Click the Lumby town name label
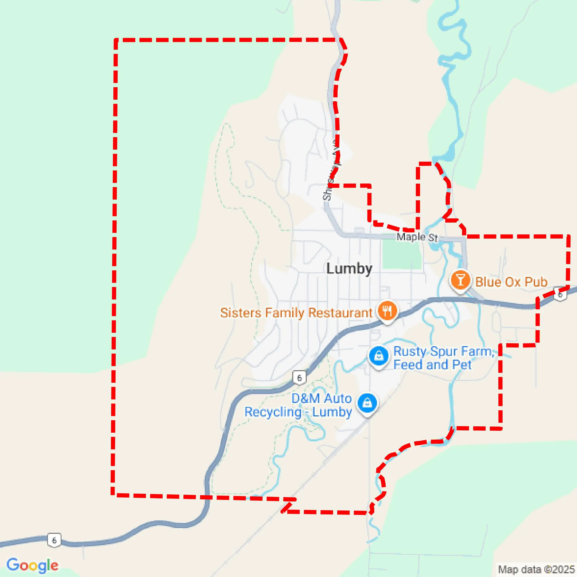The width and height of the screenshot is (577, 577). coord(349,269)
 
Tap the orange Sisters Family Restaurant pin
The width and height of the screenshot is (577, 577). coord(387,311)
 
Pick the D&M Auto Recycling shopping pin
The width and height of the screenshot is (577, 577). coord(368,403)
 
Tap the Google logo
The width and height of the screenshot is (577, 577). coord(32,565)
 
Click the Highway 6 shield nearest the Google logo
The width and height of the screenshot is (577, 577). coord(54,540)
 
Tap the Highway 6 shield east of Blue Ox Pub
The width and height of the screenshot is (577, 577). coord(560,294)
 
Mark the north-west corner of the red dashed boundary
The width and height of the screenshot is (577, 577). coord(116,39)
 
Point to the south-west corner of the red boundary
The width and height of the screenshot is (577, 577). coord(113,495)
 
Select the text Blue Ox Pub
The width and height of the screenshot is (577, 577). coord(511,282)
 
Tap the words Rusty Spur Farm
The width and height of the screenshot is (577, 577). coord(444,351)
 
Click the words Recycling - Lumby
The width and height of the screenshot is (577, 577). coord(298,412)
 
